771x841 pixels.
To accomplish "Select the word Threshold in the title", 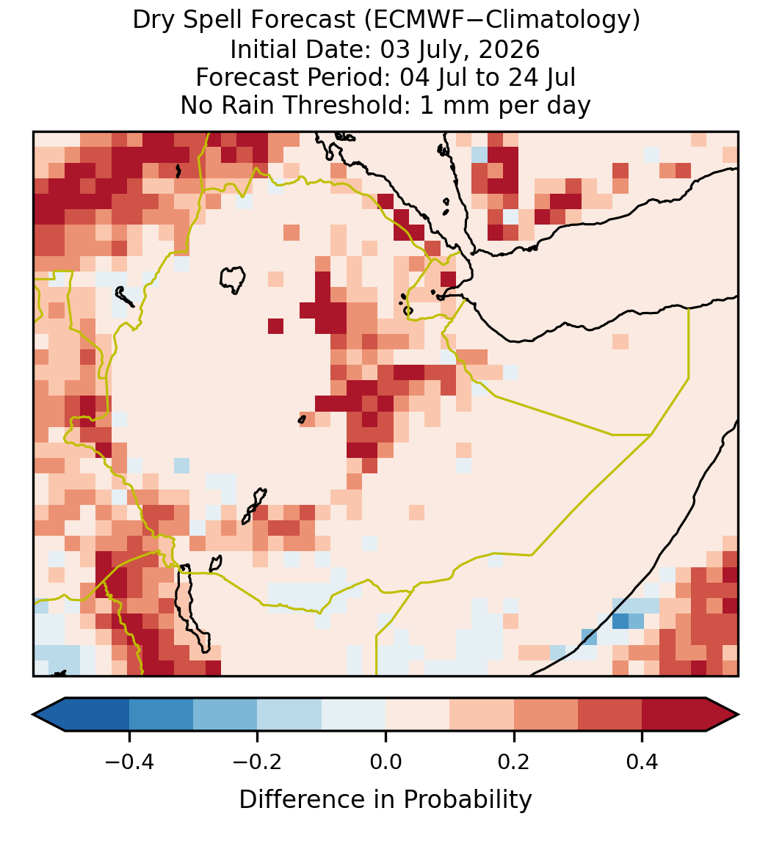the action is [355, 106].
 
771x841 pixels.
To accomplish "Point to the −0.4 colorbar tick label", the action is [128, 762].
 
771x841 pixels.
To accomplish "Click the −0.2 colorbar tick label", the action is [257, 762].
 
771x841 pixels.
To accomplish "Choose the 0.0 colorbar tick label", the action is [385, 762].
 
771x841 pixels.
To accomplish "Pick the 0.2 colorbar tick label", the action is [514, 762].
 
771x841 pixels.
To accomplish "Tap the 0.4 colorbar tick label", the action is [642, 762].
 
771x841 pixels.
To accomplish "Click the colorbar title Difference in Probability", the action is [385, 800].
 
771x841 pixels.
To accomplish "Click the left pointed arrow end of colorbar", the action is [48, 715].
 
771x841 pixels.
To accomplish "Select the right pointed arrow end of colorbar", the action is [723, 715].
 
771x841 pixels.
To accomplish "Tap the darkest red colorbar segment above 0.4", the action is [674, 715].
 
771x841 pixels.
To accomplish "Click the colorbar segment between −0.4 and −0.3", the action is [161, 715].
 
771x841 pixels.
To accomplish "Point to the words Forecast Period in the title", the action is [293, 78].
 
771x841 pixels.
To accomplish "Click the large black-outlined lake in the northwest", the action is [233, 280].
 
